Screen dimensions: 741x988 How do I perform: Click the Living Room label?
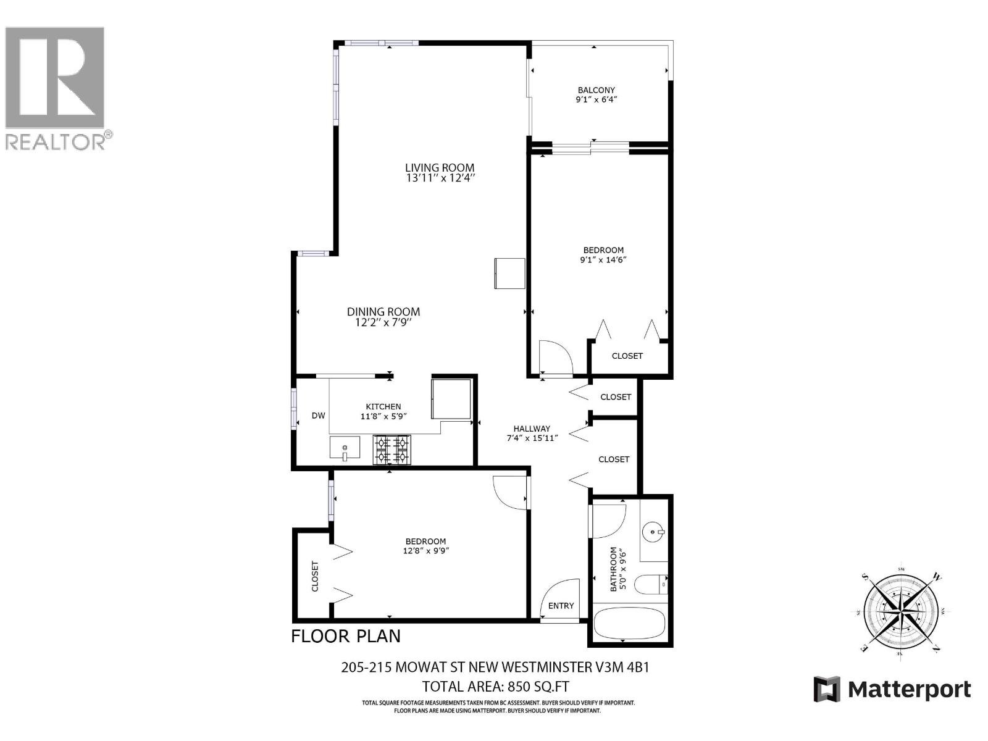point(440,167)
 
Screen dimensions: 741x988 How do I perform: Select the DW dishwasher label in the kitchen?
point(318,416)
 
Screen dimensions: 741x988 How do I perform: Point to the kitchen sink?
point(345,448)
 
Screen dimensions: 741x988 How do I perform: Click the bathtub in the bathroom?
point(630,624)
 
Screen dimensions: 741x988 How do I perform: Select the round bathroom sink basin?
point(654,531)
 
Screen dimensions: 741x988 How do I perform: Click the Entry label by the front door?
point(561,606)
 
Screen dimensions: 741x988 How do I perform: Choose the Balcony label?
point(596,90)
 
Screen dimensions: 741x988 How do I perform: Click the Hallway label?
point(532,429)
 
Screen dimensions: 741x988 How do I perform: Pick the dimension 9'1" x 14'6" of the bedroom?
point(603,260)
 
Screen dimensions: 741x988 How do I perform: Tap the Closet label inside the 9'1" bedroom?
point(627,356)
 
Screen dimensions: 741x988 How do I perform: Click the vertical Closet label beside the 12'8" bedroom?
point(315,576)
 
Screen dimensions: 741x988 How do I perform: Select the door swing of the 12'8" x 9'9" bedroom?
point(509,492)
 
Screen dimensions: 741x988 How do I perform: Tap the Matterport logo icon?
point(827,689)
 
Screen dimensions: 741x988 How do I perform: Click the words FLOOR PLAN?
point(346,636)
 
